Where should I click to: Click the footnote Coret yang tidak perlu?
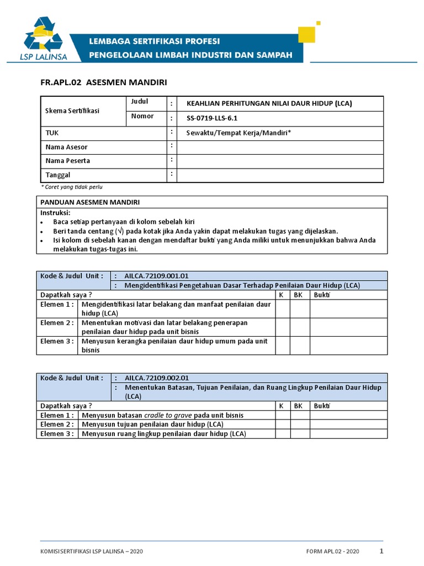(x=72, y=187)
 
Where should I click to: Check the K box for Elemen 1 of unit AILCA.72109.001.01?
(x=282, y=309)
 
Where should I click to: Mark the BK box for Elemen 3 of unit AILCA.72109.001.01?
(x=299, y=345)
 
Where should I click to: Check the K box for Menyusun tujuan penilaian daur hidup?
(x=282, y=424)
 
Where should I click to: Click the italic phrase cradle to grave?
(x=168, y=415)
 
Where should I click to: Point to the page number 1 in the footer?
(x=381, y=551)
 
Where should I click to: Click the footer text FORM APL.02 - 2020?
(x=332, y=552)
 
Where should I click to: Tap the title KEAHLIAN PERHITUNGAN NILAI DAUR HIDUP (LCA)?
(x=269, y=103)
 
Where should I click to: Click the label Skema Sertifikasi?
(x=72, y=111)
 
